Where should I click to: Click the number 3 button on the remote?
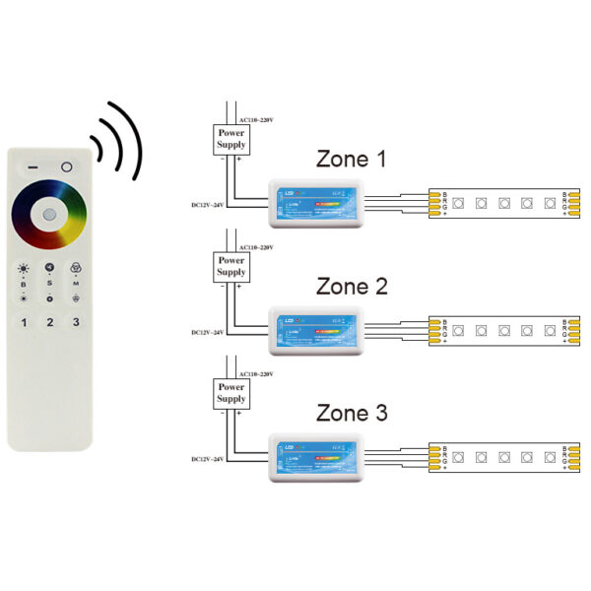pos(76,322)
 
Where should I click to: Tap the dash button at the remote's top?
pos(32,166)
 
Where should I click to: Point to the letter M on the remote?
pos(76,284)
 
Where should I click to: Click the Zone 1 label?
pos(352,160)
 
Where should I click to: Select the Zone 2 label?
pos(352,287)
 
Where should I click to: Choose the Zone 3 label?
pos(352,413)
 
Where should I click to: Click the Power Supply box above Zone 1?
pos(231,139)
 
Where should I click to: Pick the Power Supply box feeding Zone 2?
pos(231,266)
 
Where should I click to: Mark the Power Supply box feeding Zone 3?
pos(231,392)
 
